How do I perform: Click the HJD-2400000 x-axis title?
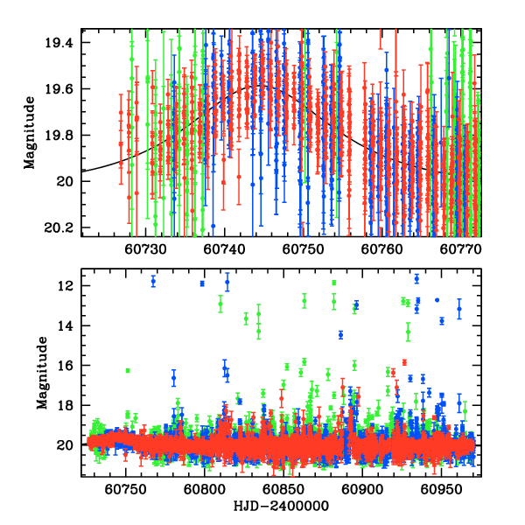coord(280,507)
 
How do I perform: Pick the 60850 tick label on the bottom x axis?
coord(282,490)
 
